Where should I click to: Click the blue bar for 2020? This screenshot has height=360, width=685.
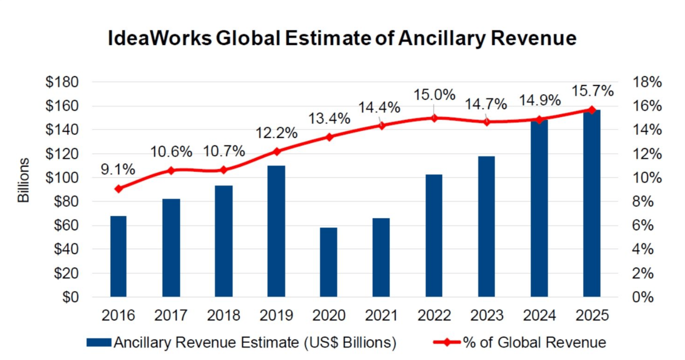click(328, 262)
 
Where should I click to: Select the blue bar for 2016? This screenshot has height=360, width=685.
click(118, 256)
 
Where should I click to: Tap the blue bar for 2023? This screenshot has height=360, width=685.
click(486, 226)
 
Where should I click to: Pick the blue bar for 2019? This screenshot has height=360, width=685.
click(276, 231)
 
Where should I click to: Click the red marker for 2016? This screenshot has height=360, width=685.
click(118, 189)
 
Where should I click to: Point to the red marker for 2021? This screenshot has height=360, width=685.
click(382, 126)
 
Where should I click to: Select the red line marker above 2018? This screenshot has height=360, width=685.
click(224, 170)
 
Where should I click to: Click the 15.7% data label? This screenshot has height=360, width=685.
click(592, 91)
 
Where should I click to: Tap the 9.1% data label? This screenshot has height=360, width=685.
click(118, 169)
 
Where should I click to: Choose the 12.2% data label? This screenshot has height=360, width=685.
click(276, 133)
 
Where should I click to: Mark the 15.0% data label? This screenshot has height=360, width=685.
click(434, 95)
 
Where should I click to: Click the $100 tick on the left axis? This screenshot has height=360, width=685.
click(62, 178)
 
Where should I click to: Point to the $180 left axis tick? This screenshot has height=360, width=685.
click(62, 82)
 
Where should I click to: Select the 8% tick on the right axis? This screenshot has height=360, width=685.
click(643, 202)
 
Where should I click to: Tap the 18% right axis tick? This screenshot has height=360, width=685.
click(647, 82)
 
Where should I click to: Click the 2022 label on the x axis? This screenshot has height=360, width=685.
click(434, 315)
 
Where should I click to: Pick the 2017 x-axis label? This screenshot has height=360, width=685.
click(171, 315)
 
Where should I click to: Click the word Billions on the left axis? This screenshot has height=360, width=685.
click(24, 180)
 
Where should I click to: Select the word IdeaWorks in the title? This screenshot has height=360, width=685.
click(159, 38)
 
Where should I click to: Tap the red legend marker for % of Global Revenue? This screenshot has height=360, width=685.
click(447, 343)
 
